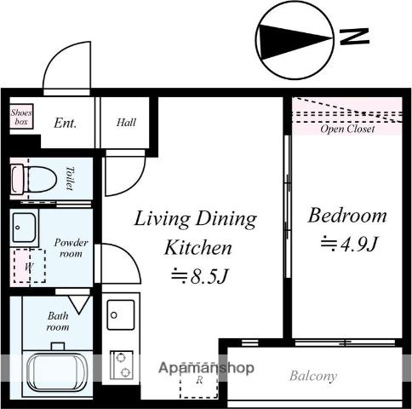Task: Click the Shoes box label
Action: coord(21,117)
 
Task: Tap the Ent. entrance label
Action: coord(66,124)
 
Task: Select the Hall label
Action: coord(126,123)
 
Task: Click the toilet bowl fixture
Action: coord(34,180)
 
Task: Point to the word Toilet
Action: coord(70,178)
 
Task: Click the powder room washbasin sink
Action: coord(25,228)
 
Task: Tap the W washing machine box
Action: coord(30,266)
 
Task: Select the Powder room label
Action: coord(71,248)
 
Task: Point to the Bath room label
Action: coord(58,321)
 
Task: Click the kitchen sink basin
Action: coord(121,314)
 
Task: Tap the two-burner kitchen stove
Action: coord(122,365)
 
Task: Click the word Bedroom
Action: coord(347,216)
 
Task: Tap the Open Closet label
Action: coord(347,129)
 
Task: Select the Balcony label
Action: coord(313,376)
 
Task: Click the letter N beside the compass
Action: coord(354,36)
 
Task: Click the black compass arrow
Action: coord(295,42)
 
